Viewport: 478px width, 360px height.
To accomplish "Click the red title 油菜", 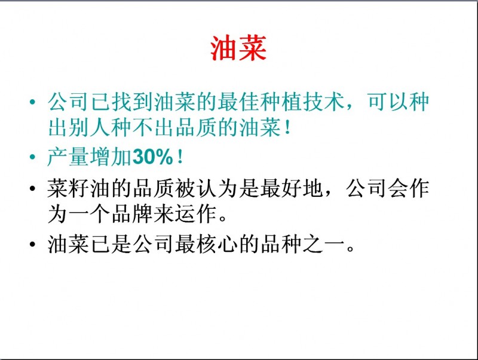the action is click(x=238, y=48).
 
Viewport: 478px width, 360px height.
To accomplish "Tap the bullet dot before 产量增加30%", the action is click(x=32, y=157).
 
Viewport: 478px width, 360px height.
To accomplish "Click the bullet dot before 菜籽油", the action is click(x=32, y=188).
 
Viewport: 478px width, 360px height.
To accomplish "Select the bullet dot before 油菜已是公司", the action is click(x=32, y=244).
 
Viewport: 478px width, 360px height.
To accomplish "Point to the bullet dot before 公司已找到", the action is click(x=32, y=101).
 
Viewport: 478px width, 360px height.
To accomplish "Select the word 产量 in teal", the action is click(x=68, y=157).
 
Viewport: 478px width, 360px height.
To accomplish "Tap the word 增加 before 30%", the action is click(x=111, y=157).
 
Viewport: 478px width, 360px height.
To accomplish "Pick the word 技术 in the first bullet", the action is click(x=323, y=101).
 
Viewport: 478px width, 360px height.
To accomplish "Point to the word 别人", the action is click(x=89, y=127).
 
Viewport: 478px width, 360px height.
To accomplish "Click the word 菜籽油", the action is click(x=78, y=188).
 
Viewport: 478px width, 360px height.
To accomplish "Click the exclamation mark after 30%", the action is click(x=180, y=157).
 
